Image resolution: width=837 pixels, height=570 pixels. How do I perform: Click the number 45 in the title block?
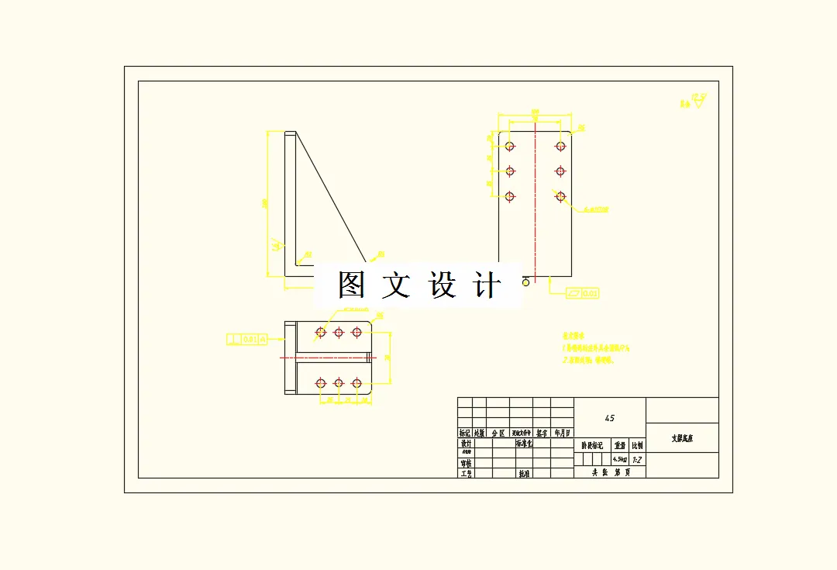609,418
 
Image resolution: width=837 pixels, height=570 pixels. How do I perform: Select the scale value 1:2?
637,460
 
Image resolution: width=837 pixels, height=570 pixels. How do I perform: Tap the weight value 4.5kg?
620,460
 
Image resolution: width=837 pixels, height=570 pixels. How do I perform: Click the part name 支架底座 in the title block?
682,438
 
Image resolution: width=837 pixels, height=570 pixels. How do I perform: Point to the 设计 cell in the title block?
466,444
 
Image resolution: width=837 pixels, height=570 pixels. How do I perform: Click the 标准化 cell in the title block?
525,444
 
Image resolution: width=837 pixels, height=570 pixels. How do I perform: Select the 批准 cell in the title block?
524,473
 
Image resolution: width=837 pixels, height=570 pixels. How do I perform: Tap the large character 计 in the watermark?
486,285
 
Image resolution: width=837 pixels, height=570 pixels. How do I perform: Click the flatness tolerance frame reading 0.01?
582,293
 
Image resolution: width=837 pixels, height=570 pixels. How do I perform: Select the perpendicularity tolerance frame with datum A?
247,339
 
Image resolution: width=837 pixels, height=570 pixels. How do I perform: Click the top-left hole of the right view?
509,146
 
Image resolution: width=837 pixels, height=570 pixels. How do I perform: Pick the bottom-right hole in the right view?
560,197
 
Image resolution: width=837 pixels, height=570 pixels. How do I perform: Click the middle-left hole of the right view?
509,171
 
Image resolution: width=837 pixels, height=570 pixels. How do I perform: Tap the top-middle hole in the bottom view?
339,333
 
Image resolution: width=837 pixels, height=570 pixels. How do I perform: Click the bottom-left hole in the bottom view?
321,383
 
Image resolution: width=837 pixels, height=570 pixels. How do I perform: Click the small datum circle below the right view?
525,282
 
